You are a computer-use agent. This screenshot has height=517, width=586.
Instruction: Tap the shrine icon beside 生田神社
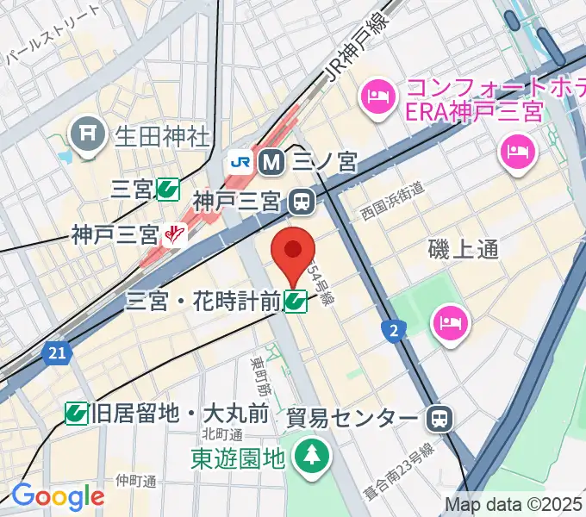click(88, 134)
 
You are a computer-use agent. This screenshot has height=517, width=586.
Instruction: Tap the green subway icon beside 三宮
click(168, 190)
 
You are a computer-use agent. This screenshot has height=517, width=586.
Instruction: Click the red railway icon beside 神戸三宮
click(178, 233)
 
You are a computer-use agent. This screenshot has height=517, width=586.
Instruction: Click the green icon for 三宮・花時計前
click(296, 301)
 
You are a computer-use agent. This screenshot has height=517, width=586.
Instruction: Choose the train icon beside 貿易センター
click(439, 419)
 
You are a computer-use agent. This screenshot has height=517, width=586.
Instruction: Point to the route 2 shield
click(395, 329)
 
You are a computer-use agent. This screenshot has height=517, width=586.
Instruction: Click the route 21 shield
click(56, 352)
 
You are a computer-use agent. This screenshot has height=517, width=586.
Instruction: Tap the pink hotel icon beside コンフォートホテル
click(377, 92)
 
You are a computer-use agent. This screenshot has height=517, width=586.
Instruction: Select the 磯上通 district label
click(464, 249)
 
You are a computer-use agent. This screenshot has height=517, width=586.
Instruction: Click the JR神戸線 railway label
click(352, 53)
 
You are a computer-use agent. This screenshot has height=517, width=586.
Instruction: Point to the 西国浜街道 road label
click(392, 201)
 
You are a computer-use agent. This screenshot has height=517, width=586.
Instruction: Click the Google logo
click(58, 495)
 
